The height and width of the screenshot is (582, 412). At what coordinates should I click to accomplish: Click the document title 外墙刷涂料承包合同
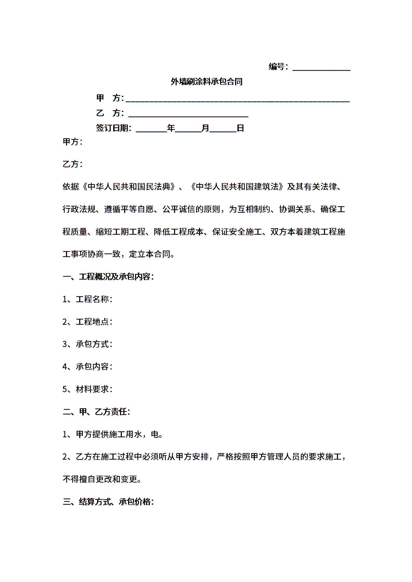pyautogui.click(x=207, y=82)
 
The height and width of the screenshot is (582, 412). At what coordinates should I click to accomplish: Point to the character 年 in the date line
pyautogui.click(x=171, y=128)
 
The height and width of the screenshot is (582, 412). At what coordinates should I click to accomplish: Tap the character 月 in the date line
pyautogui.click(x=205, y=128)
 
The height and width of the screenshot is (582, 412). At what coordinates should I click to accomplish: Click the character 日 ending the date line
pyautogui.click(x=240, y=128)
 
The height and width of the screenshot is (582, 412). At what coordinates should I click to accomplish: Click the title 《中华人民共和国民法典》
pyautogui.click(x=129, y=187)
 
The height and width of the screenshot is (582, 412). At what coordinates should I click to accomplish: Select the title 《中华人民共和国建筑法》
pyautogui.click(x=237, y=187)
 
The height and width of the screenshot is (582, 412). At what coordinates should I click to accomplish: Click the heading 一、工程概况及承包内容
pyautogui.click(x=108, y=277)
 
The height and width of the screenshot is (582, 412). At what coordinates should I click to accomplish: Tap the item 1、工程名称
pyautogui.click(x=87, y=299)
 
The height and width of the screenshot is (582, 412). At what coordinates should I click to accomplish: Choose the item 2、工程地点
pyautogui.click(x=87, y=322)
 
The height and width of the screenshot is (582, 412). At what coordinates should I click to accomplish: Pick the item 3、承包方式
pyautogui.click(x=87, y=344)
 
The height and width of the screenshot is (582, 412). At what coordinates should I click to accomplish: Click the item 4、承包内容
pyautogui.click(x=87, y=367)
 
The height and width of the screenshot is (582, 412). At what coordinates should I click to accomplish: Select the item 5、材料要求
pyautogui.click(x=87, y=389)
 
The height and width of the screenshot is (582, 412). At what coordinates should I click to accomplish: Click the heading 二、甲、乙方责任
pyautogui.click(x=96, y=412)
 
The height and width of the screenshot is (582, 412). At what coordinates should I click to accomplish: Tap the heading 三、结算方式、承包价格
pyautogui.click(x=108, y=502)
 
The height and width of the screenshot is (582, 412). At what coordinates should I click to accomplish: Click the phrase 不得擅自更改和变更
pyautogui.click(x=102, y=479)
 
